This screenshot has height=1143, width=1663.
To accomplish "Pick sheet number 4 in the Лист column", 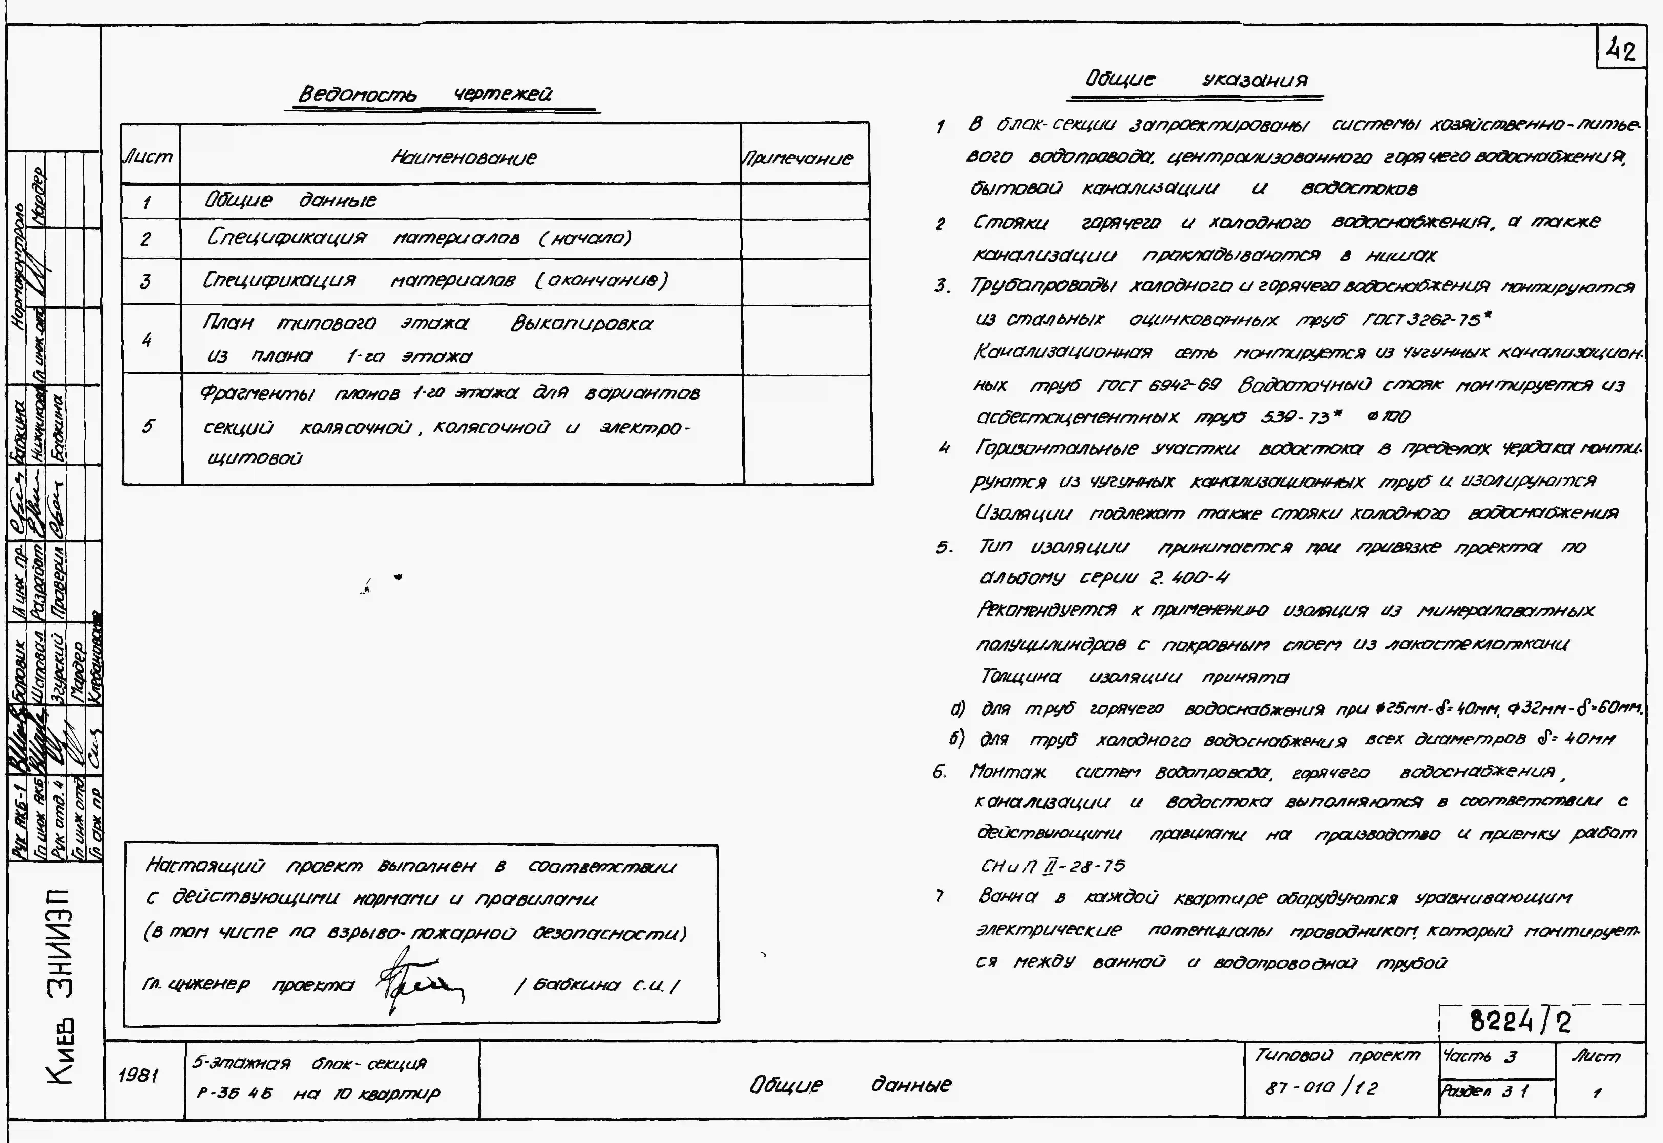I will tap(147, 339).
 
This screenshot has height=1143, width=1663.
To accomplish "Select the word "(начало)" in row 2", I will tap(585, 238).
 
